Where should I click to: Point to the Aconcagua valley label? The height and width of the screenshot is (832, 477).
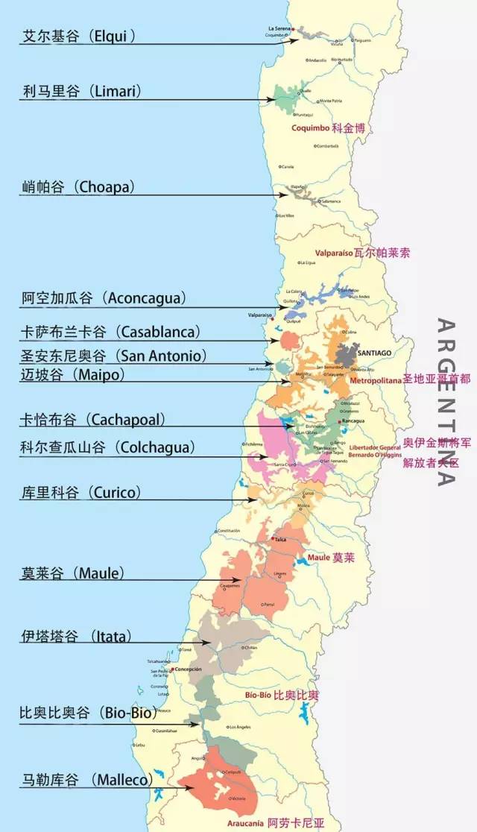coord(104,298)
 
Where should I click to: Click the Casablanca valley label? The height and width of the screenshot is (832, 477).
coord(110,331)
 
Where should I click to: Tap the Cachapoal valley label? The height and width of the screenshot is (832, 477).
coord(92,419)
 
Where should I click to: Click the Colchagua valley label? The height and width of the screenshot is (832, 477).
coord(107,447)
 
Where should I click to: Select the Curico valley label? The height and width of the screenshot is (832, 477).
coord(80,493)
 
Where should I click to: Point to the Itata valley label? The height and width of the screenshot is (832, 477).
coord(76,636)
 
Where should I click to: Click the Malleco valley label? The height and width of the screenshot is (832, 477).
coord(86,779)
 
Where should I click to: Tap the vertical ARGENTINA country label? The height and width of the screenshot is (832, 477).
coord(445,403)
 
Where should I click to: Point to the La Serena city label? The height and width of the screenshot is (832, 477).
coord(282,28)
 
